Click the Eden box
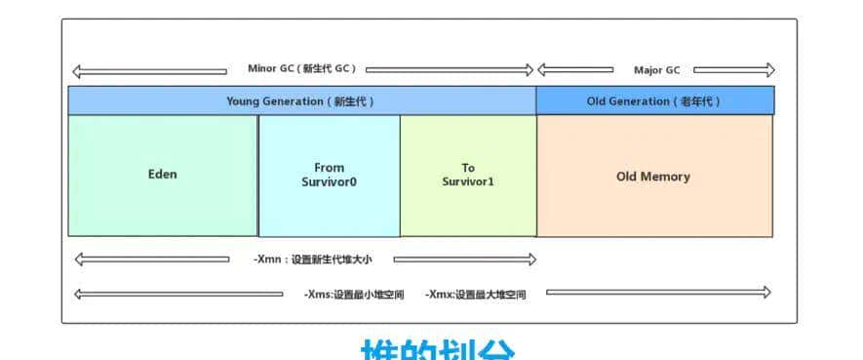tap(163, 176)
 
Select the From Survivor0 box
tap(330, 176)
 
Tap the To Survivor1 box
tap(468, 176)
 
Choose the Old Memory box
tap(654, 176)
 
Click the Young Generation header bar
tap(301, 100)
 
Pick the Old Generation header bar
tap(654, 100)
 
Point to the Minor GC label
tap(302, 69)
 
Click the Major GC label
tap(656, 70)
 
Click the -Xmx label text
tap(475, 294)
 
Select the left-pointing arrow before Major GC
tap(575, 70)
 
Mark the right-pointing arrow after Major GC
tap(734, 70)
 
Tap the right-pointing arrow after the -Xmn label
tap(464, 260)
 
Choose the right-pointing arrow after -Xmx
tap(658, 292)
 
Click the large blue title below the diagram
tap(438, 350)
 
